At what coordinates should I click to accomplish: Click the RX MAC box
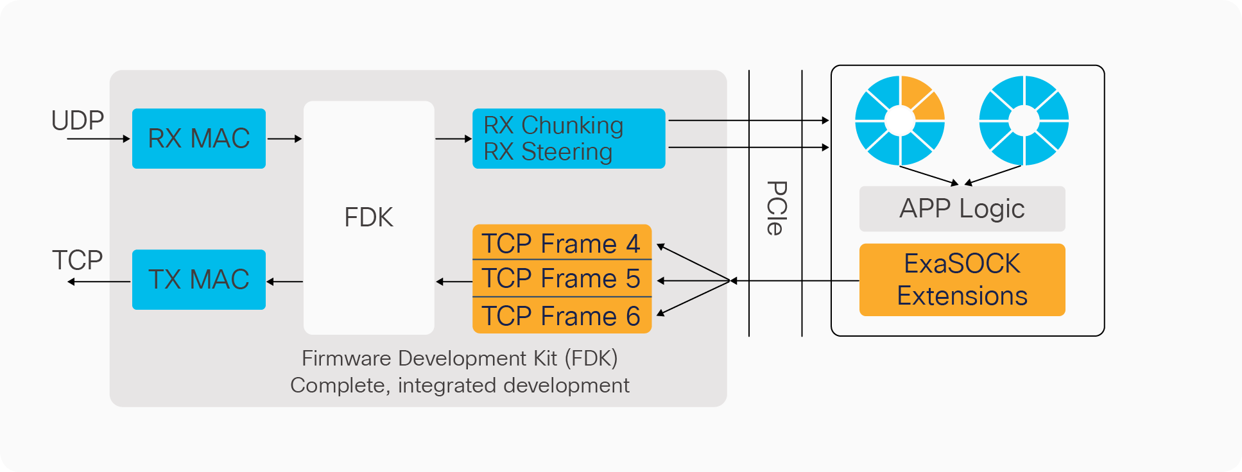(x=198, y=139)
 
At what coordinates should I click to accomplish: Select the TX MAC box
(x=198, y=280)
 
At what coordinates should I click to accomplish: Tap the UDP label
(x=78, y=121)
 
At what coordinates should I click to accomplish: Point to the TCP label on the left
(x=78, y=260)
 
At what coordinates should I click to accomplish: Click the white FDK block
(x=368, y=218)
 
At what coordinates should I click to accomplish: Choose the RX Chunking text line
(x=553, y=126)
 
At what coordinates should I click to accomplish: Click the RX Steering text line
(x=548, y=152)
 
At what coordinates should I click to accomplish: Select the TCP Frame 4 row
(x=562, y=243)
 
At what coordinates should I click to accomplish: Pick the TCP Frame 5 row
(x=562, y=278)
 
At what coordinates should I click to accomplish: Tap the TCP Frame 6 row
(x=562, y=316)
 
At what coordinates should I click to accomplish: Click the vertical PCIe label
(x=776, y=208)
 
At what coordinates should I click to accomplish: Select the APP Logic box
(x=962, y=209)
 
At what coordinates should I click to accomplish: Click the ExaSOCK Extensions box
(x=962, y=280)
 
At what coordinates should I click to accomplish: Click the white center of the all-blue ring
(x=1024, y=120)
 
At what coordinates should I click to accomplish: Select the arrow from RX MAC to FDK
(x=284, y=139)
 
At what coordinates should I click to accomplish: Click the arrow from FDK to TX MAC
(x=284, y=282)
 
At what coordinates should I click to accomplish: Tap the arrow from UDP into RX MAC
(x=98, y=139)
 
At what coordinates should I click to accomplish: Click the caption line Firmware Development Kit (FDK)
(x=460, y=358)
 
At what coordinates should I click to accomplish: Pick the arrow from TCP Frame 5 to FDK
(x=454, y=282)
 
